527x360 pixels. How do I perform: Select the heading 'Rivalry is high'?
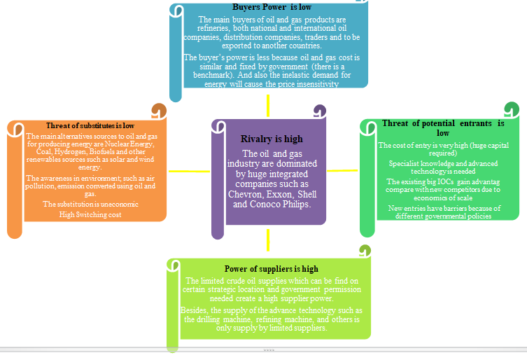(269, 139)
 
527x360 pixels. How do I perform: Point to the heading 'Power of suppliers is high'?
(271, 268)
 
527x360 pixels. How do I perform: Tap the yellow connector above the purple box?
(268, 105)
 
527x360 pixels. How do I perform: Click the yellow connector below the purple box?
(268, 240)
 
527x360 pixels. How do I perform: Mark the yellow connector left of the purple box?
(189, 170)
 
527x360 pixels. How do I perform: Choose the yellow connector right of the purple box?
(342, 170)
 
